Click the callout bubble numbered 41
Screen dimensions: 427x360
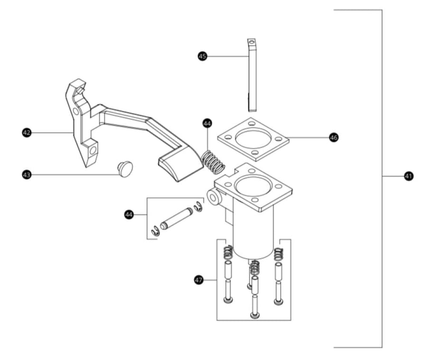point(408,176)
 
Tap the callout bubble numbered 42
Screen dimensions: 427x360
point(27,133)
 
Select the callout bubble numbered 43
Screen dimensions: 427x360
point(27,175)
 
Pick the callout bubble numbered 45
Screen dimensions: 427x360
point(202,56)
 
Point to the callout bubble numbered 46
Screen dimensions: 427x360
point(334,138)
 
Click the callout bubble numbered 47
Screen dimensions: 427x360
point(199,280)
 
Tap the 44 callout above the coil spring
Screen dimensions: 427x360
point(207,123)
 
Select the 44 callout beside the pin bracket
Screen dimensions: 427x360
point(129,214)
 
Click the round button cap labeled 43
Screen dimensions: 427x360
point(125,169)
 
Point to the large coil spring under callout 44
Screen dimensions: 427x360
point(213,162)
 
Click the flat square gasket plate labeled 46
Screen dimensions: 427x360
point(253,139)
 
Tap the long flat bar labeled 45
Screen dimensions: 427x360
point(252,75)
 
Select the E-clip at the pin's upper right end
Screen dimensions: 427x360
point(198,207)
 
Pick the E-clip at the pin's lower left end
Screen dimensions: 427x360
point(156,231)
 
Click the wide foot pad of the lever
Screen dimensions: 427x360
point(181,164)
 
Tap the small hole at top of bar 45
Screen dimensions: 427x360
point(252,42)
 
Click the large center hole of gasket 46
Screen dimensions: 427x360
point(253,139)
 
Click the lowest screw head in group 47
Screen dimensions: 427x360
point(255,315)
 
